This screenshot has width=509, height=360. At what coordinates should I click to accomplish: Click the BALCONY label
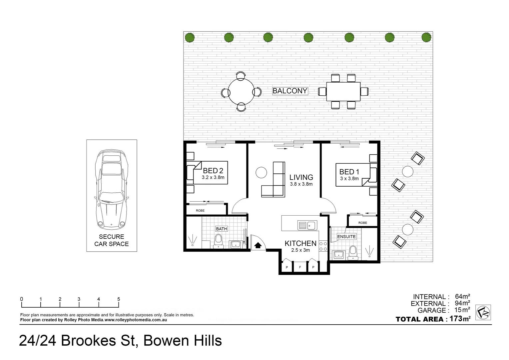coord(289,91)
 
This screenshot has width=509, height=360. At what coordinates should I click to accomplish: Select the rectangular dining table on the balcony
coord(343,91)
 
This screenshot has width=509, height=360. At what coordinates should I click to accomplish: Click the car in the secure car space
coord(111,190)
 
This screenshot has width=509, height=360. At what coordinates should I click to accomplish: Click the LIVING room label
coord(301,177)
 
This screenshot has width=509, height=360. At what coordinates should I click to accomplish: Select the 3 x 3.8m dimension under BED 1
coord(349,179)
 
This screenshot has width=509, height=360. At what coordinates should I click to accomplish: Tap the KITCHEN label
coord(300,243)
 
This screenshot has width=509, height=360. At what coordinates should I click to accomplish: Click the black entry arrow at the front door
coord(258,246)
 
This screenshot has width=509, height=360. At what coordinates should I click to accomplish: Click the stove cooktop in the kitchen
coord(323,246)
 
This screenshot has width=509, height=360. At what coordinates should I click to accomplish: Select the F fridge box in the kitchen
coord(300,267)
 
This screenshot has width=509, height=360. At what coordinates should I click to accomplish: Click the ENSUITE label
coord(346,236)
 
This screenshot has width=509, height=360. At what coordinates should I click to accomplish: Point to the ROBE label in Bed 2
coord(200,211)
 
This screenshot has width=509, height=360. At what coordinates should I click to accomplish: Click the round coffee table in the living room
coord(261,173)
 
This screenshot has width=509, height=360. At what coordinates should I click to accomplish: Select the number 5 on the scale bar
coord(119,299)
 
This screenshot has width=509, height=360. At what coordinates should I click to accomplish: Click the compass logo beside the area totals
coord(483,312)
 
